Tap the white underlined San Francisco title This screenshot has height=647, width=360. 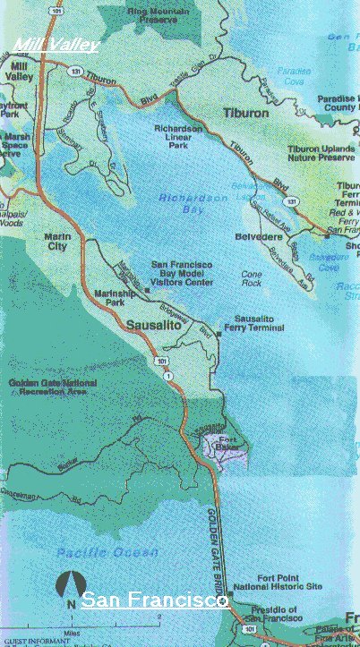click(x=154, y=600)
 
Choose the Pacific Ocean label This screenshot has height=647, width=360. click(x=89, y=552)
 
